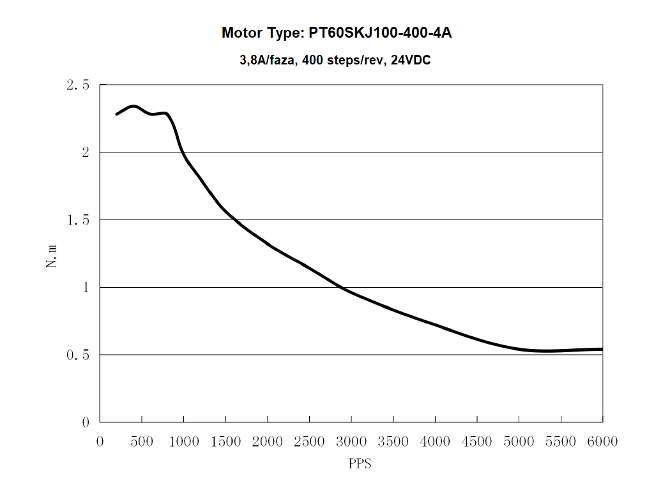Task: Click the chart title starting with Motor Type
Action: [x=337, y=33]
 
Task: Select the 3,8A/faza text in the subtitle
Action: [x=266, y=61]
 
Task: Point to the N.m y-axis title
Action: [x=52, y=253]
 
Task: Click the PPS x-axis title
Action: [x=360, y=464]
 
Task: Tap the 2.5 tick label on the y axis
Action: [x=77, y=85]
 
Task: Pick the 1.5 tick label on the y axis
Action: [x=77, y=220]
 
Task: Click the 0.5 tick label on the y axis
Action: [x=77, y=355]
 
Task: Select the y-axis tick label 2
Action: [x=84, y=152]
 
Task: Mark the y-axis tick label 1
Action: [x=84, y=288]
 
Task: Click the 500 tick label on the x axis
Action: [x=142, y=442]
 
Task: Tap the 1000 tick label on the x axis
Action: [x=183, y=442]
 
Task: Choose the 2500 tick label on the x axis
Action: [x=309, y=442]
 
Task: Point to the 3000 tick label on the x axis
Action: [x=351, y=442]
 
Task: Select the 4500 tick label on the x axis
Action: [x=477, y=442]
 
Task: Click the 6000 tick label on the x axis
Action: [x=602, y=442]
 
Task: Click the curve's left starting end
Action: [x=116, y=114]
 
